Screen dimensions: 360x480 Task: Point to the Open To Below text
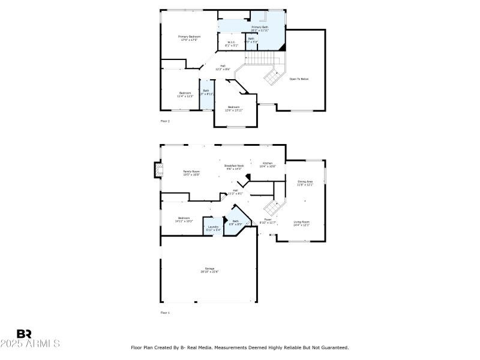click(x=299, y=79)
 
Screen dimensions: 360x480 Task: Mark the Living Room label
click(x=301, y=224)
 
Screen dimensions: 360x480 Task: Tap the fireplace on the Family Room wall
click(x=158, y=170)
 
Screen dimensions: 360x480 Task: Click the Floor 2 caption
click(x=165, y=121)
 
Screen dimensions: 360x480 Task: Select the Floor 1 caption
click(x=165, y=313)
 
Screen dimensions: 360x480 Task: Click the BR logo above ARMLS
click(x=24, y=334)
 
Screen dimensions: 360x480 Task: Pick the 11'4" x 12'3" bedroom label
click(x=185, y=94)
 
